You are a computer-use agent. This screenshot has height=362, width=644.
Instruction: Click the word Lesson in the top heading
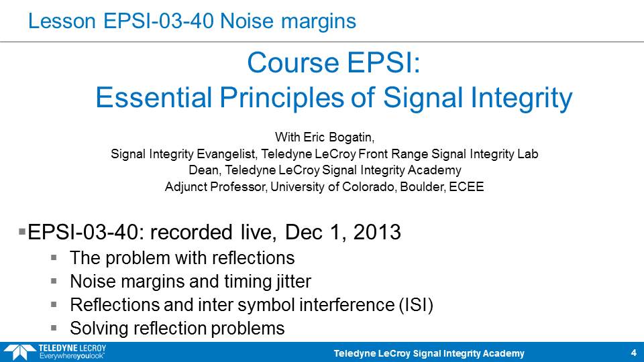click(62, 21)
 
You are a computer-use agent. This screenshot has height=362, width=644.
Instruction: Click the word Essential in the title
click(154, 98)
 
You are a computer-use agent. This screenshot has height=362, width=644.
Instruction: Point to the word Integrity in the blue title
click(522, 99)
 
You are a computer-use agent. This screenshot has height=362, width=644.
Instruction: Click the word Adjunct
click(186, 187)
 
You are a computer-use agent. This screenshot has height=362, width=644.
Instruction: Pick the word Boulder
click(423, 187)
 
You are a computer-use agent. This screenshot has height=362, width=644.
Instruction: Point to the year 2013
click(377, 233)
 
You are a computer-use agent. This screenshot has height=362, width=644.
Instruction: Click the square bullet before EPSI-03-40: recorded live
click(22, 232)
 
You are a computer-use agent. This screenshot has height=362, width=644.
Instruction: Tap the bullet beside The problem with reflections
click(54, 257)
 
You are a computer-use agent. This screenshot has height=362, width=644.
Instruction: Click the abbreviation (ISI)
click(416, 306)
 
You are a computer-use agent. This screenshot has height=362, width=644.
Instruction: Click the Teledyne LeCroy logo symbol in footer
click(19, 353)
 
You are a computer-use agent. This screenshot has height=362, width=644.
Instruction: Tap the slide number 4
click(634, 353)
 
